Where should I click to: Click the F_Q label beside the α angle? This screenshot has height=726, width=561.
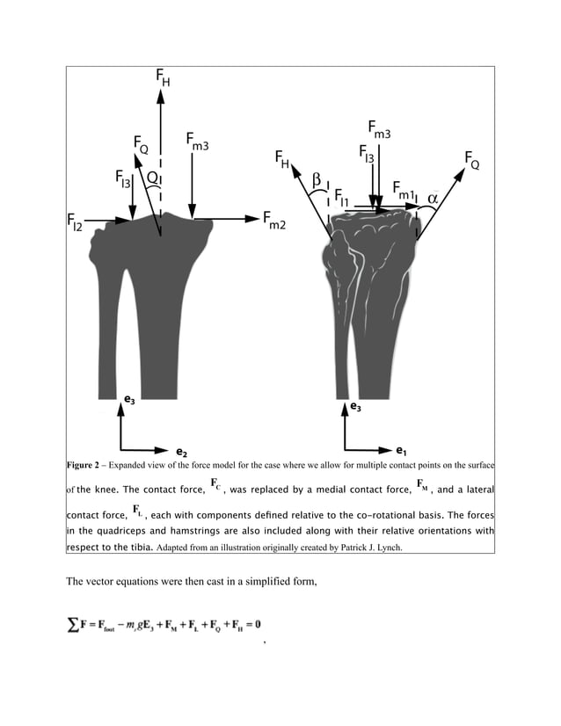471,159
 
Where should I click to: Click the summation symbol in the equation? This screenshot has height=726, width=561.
72,623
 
